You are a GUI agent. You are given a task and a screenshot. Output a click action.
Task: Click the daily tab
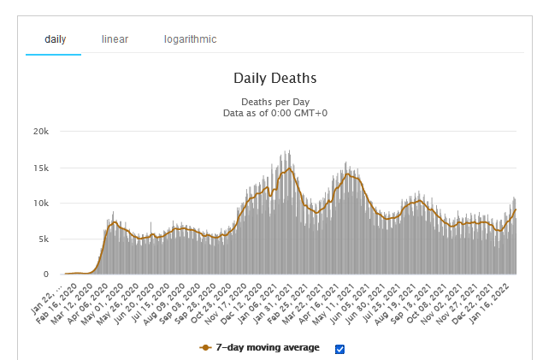click(55, 39)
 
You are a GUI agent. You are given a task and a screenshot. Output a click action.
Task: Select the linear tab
click(115, 39)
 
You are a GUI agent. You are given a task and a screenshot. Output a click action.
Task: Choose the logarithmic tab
click(190, 39)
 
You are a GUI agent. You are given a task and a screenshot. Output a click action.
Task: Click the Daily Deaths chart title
click(274, 78)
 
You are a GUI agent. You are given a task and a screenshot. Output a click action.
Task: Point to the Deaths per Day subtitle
click(274, 102)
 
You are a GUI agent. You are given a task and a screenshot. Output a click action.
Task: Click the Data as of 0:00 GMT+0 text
click(274, 112)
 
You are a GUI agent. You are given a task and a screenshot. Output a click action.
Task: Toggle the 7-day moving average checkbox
click(339, 348)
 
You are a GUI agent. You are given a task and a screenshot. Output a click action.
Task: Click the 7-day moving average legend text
click(267, 348)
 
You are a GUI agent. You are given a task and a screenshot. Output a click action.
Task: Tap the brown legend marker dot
click(205, 348)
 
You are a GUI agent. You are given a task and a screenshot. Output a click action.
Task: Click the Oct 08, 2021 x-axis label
click(435, 295)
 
